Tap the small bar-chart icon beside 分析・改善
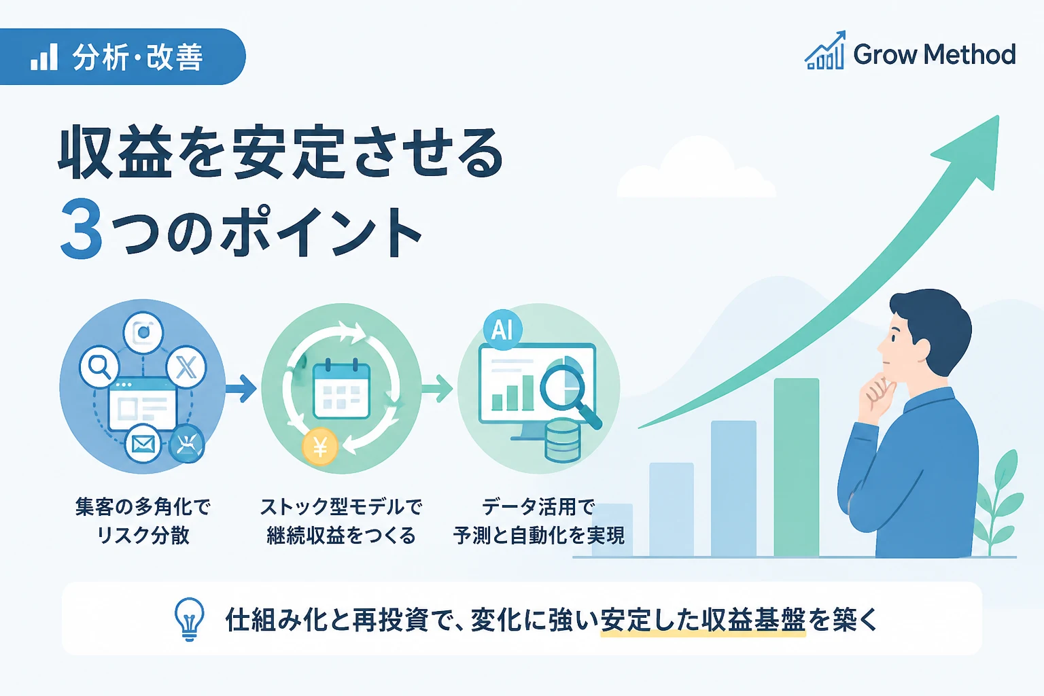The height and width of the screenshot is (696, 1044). [x=43, y=57]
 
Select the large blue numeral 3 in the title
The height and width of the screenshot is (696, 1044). [x=82, y=228]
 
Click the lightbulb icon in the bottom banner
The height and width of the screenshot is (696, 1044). [x=189, y=620]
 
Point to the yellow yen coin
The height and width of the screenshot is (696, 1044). [x=319, y=447]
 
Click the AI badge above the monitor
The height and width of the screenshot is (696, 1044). [x=502, y=330]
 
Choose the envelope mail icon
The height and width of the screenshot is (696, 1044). [x=143, y=445]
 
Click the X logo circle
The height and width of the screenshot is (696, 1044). [x=186, y=368]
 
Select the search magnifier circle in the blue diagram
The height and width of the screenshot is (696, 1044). [x=99, y=366]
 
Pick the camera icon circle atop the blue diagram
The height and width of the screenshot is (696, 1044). [x=143, y=333]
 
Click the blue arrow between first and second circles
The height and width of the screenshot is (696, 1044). [x=241, y=388]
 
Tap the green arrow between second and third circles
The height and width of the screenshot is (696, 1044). [x=437, y=388]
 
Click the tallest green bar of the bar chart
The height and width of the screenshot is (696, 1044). [x=796, y=467]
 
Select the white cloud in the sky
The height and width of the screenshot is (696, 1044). [x=697, y=170]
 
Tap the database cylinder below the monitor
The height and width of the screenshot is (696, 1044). [x=563, y=441]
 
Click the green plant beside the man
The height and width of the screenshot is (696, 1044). [x=1000, y=504]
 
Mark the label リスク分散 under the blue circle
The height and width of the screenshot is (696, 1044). [x=143, y=535]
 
